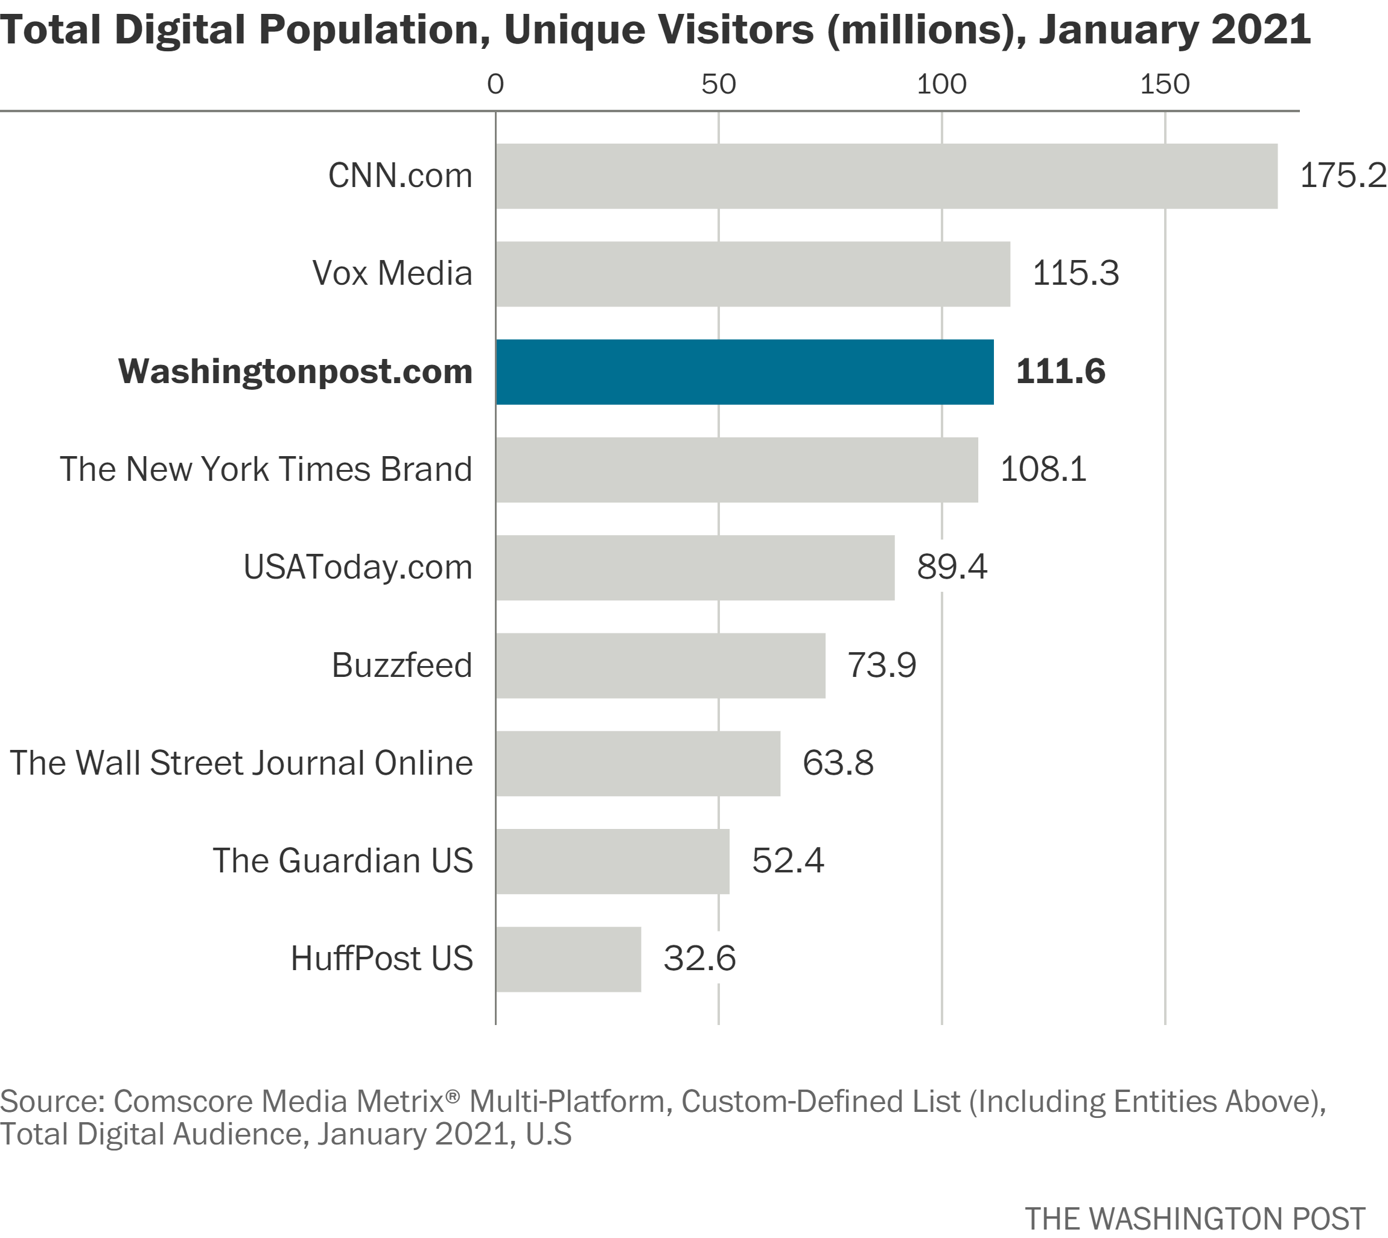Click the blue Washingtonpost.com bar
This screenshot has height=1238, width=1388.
744,372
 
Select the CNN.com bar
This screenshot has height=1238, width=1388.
886,176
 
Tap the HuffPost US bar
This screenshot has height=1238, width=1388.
568,959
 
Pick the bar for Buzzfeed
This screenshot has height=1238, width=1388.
660,665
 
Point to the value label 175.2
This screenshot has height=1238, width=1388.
1342,176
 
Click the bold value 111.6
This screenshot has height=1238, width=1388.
1060,372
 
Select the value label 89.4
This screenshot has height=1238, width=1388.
951,567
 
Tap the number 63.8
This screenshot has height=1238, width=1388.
838,763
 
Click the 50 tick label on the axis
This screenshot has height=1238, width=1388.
719,84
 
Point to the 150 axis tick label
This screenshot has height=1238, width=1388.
1165,84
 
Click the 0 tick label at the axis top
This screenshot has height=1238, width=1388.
495,84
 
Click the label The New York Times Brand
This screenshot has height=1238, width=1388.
266,469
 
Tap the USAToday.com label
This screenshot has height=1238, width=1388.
358,567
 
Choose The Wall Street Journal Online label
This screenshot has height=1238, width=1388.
241,763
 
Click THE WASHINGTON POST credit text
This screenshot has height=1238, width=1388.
1195,1218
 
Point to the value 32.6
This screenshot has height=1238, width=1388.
699,959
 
